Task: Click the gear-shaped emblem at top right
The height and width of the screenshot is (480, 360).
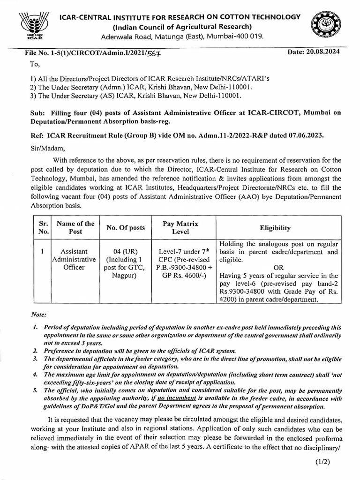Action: pyautogui.click(x=328, y=26)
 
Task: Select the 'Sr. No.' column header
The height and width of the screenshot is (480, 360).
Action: pyautogui.click(x=43, y=227)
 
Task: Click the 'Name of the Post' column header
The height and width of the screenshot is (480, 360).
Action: pyautogui.click(x=75, y=227)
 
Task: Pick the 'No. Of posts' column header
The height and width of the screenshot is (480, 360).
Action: pyautogui.click(x=126, y=228)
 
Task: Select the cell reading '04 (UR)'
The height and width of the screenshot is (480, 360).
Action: pyautogui.click(x=126, y=251)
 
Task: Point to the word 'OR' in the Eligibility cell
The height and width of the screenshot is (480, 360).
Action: pyautogui.click(x=278, y=267)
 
